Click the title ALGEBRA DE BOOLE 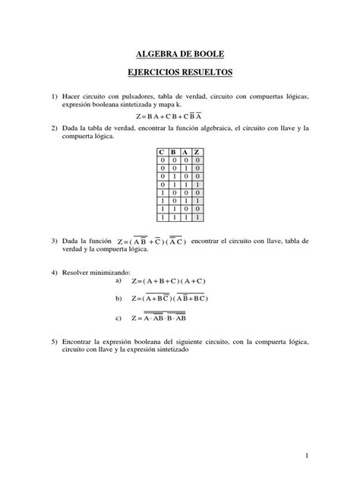180,55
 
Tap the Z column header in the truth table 197,153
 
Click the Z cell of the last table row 197,216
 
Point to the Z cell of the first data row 197,161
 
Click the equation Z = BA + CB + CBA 180,118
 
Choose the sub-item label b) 118,298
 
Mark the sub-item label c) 118,317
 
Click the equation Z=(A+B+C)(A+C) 178,281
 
